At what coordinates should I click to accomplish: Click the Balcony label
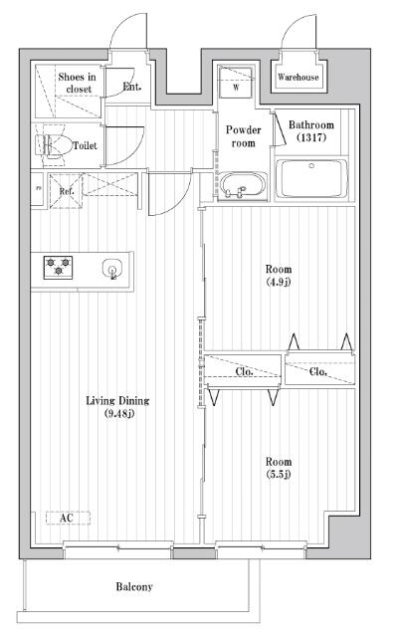click(x=134, y=586)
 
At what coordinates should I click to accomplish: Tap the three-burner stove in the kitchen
click(x=58, y=268)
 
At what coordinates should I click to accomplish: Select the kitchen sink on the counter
click(x=112, y=269)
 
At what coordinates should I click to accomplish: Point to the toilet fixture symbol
click(x=52, y=145)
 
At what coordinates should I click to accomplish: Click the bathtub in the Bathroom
click(x=311, y=178)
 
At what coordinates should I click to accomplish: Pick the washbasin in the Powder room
click(x=243, y=186)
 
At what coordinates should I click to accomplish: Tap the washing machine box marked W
click(x=236, y=82)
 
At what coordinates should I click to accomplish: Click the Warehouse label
click(x=298, y=77)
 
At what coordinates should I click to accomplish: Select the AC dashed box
click(x=68, y=518)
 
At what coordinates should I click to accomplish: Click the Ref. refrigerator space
click(x=66, y=191)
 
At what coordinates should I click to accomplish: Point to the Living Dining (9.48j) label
click(x=117, y=407)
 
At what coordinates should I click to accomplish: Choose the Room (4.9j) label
click(x=279, y=275)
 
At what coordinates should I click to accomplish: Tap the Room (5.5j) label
click(x=279, y=468)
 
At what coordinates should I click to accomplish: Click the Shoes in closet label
click(x=78, y=83)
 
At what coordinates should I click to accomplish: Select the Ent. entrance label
click(x=132, y=87)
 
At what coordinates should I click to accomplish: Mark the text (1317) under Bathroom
click(x=311, y=137)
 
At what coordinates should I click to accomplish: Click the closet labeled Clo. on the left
click(x=243, y=371)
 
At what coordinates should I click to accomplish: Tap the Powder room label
click(x=244, y=136)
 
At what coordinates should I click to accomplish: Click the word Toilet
click(x=85, y=145)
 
